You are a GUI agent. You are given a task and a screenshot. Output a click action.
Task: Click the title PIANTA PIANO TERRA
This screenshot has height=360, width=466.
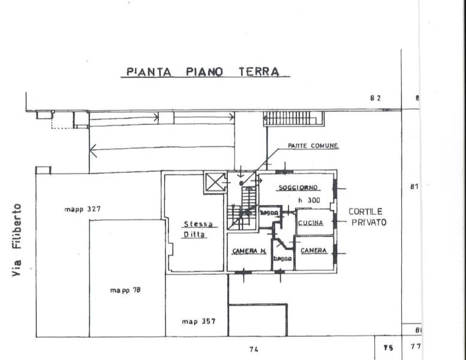[203, 72]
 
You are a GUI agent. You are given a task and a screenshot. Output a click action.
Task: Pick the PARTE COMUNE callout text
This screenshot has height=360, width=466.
[312, 146]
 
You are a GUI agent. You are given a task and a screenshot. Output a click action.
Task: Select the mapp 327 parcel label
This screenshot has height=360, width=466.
[82, 209]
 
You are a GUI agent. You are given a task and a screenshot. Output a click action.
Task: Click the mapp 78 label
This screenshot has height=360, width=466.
[125, 290]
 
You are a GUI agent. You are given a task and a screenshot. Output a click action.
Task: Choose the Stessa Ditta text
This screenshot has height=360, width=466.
[195, 230]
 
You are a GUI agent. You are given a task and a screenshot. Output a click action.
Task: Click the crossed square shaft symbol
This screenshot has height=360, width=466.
[214, 182]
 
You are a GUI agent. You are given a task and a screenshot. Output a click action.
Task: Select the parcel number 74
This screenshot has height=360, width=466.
[253, 349]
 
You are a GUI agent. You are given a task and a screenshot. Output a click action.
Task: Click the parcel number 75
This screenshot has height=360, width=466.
[387, 347]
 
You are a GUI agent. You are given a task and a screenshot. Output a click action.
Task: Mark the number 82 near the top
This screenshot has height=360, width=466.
[375, 98]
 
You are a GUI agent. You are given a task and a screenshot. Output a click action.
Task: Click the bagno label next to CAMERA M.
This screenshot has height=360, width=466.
[283, 259]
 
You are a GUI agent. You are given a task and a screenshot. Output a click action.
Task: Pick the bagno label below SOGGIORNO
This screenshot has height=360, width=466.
[268, 212]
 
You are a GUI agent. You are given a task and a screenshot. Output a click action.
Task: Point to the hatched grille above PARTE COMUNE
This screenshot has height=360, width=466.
[293, 118]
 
